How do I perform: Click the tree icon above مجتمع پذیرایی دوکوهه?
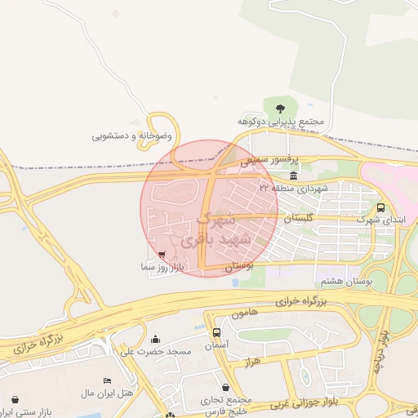click(280, 107)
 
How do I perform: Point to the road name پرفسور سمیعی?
click(270, 162)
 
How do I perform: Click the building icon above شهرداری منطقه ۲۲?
click(293, 176)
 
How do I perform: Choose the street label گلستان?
click(298, 220)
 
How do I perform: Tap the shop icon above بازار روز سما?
click(161, 254)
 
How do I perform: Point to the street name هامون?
click(244, 313)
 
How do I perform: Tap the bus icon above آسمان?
click(216, 332)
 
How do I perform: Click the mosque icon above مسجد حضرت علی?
click(156, 339)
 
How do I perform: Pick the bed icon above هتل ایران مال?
click(107, 381)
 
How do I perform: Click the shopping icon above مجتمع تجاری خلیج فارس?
click(225, 387)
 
